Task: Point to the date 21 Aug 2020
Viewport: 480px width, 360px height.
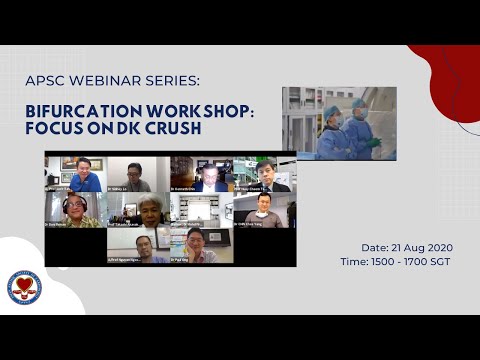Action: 410,246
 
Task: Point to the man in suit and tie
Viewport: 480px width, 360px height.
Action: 265,174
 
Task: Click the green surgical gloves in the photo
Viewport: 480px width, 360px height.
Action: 374,142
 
